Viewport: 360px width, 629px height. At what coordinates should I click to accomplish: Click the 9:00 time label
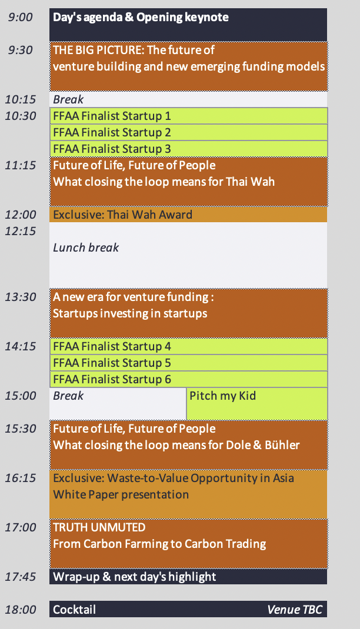[21, 17]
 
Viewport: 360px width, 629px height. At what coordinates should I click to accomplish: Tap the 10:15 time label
[21, 99]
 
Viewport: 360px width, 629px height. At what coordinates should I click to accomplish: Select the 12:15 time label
[21, 231]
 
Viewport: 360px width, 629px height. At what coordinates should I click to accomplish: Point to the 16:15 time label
[21, 478]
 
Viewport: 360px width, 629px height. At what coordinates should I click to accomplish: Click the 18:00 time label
[21, 610]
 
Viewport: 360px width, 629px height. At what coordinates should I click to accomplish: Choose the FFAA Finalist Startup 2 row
[188, 132]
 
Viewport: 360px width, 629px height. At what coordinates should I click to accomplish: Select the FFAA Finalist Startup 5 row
[188, 363]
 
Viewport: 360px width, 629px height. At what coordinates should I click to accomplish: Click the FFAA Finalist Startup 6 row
[188, 380]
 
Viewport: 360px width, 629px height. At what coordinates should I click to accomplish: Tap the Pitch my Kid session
[257, 404]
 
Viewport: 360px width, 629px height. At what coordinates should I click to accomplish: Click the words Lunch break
[86, 247]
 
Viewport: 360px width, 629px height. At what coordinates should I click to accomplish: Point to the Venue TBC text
[295, 610]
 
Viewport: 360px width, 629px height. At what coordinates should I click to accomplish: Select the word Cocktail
[74, 610]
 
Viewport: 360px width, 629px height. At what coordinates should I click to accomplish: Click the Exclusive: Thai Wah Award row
[188, 215]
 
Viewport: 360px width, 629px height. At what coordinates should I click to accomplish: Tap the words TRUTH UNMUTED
[99, 527]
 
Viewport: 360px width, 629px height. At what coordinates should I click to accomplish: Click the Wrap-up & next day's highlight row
[188, 577]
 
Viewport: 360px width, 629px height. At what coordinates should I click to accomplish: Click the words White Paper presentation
[121, 494]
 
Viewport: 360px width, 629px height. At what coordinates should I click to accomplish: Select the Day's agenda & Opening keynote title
[141, 17]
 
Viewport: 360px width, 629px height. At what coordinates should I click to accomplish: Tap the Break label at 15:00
[68, 396]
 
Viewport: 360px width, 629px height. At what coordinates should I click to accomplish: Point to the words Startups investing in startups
[130, 313]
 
